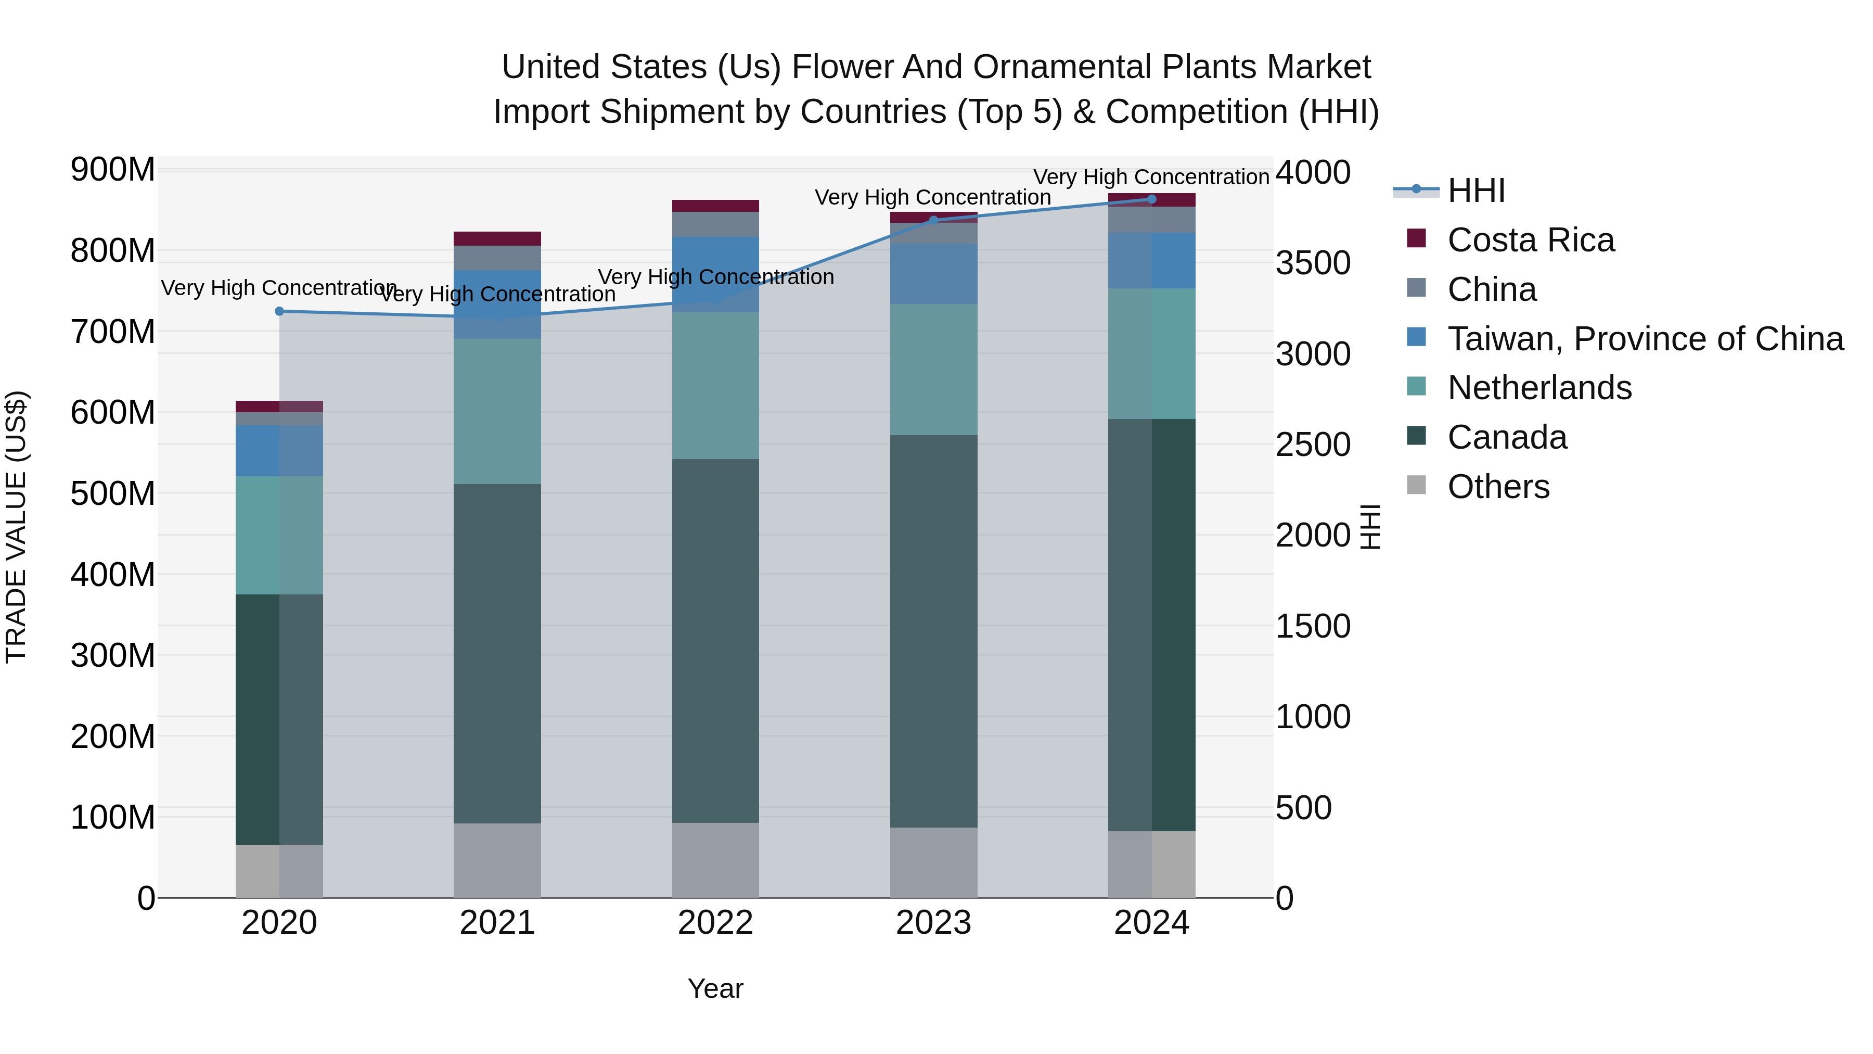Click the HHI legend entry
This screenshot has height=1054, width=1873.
pos(1476,191)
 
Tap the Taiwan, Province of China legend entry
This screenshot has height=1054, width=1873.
pos(1645,339)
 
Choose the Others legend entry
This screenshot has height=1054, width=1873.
pos(1498,487)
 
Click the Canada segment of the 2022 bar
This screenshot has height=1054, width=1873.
pos(715,640)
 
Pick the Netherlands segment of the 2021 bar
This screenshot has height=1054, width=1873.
pos(497,411)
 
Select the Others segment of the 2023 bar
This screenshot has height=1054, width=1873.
pos(933,862)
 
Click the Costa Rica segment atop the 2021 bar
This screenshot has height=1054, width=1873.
pos(497,238)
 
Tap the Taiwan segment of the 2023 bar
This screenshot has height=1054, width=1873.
pos(933,273)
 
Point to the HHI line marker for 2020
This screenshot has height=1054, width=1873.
pos(279,311)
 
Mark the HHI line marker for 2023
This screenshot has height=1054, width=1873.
pos(933,220)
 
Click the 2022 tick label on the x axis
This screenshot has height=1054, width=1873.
pos(715,923)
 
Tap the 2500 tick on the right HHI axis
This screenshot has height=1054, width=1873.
pos(1313,445)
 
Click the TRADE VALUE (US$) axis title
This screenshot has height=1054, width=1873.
pos(16,527)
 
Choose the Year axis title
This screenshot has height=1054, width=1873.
pos(715,988)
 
